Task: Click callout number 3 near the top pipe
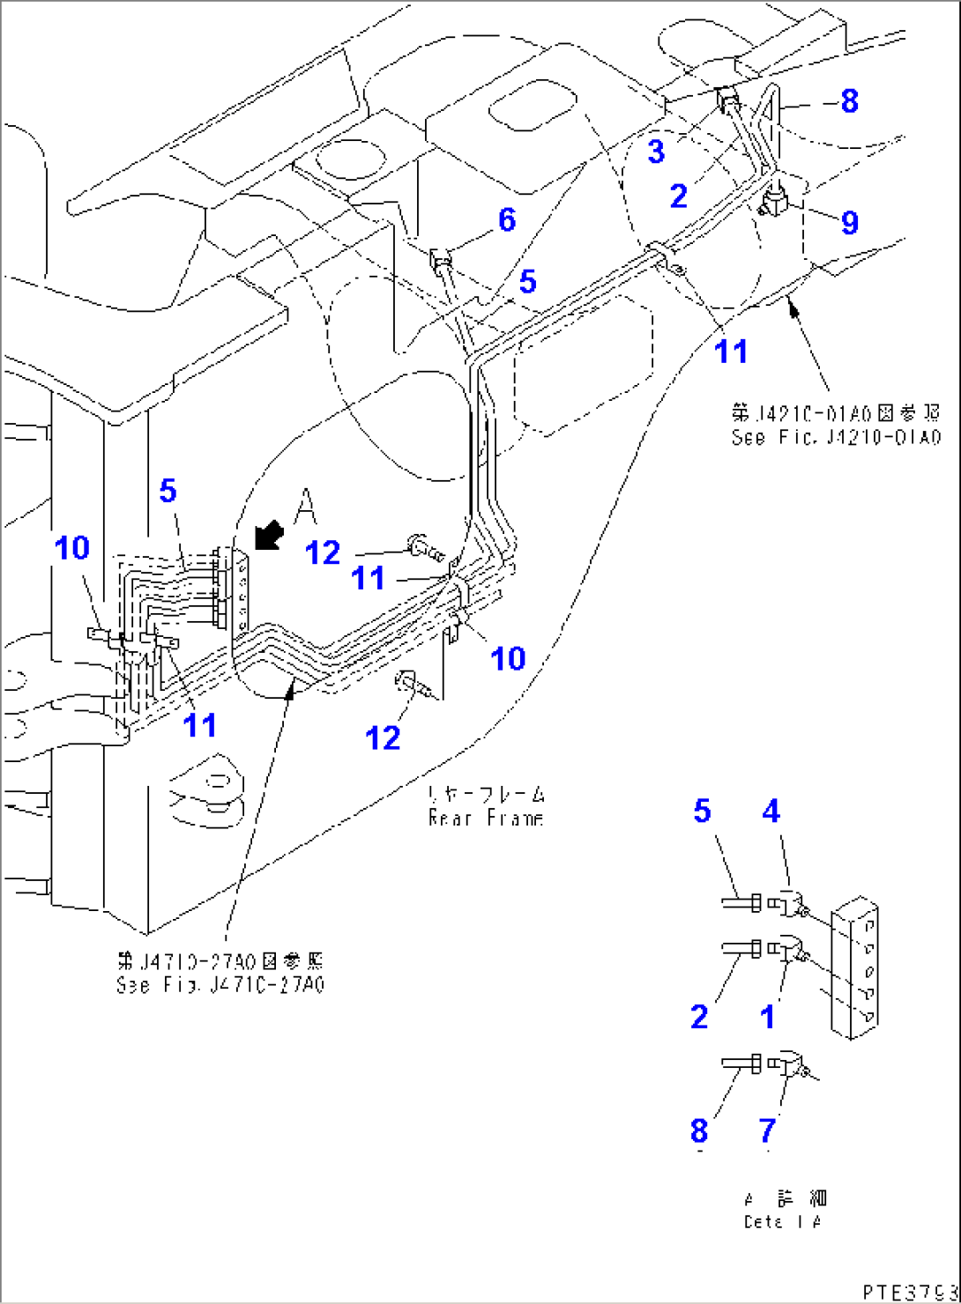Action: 655,152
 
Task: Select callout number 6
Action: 507,219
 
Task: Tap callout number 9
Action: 849,222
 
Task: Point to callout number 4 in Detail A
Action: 771,811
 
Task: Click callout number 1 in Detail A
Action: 768,1017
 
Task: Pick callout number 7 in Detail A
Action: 768,1130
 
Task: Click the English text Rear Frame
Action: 486,819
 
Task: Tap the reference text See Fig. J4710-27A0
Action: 221,984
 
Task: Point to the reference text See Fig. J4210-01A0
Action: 836,438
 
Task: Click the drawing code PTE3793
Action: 908,1292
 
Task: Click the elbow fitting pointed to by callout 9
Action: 775,202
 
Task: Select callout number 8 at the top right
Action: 849,101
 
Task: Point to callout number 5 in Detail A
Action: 701,811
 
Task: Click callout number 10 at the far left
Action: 72,548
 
